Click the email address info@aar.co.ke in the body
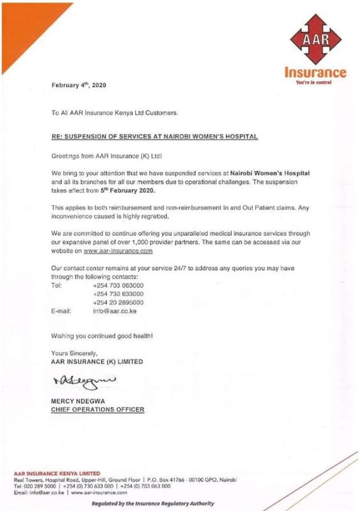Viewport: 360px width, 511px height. coord(115,310)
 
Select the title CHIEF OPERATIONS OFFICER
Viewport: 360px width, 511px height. coord(97,409)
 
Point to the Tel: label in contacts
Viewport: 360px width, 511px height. coord(56,286)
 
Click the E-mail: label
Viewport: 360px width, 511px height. coord(61,310)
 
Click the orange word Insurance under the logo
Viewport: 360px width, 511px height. coord(316,73)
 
